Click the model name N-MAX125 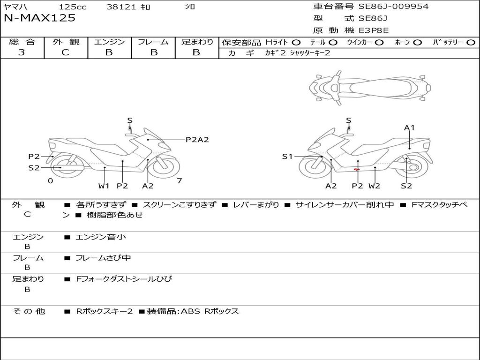click(x=39, y=18)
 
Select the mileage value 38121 click(x=121, y=7)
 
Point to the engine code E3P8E click(x=374, y=30)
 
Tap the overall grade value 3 click(x=22, y=52)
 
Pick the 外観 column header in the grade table click(x=66, y=42)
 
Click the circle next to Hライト click(x=296, y=42)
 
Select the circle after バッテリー click(x=471, y=42)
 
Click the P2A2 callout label click(x=197, y=139)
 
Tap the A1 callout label click(x=410, y=127)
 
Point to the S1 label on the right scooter click(x=287, y=157)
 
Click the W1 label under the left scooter click(x=104, y=186)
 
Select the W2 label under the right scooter click(x=374, y=186)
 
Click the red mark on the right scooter click(x=357, y=170)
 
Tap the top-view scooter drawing click(x=370, y=87)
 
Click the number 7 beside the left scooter click(x=179, y=180)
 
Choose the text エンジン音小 click(x=101, y=237)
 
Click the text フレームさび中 click(x=103, y=258)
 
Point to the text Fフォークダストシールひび click(x=124, y=279)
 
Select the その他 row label click(x=29, y=311)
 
